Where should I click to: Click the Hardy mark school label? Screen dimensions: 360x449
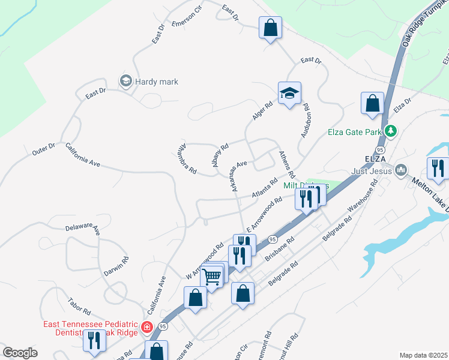pyautogui.click(x=156, y=82)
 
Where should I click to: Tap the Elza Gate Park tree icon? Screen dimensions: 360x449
pyautogui.click(x=391, y=130)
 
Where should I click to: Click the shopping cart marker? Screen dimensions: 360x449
pyautogui.click(x=211, y=277)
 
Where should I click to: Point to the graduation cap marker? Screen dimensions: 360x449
pyautogui.click(x=289, y=94)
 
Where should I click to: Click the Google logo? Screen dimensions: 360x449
pyautogui.click(x=20, y=353)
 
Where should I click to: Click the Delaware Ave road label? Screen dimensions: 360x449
pyautogui.click(x=82, y=228)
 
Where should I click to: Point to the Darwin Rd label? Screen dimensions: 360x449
pyautogui.click(x=120, y=264)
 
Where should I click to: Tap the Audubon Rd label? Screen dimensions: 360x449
pyautogui.click(x=305, y=121)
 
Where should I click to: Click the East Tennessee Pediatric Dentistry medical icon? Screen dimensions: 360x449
pyautogui.click(x=146, y=327)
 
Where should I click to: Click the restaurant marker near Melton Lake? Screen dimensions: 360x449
pyautogui.click(x=438, y=168)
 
